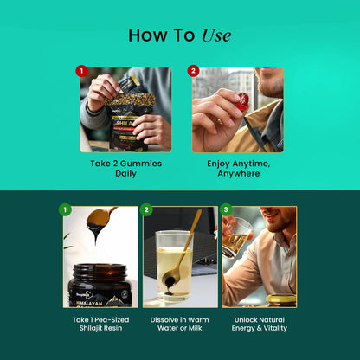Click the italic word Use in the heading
[x=216, y=35]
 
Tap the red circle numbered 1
[x=81, y=71]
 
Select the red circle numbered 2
[x=193, y=71]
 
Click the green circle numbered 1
[x=65, y=209]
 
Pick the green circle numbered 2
[x=146, y=209]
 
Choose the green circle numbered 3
[x=226, y=209]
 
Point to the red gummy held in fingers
[x=242, y=101]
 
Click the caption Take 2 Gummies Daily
[x=125, y=169]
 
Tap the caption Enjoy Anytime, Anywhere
[x=239, y=169]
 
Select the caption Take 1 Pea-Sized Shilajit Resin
[x=100, y=324]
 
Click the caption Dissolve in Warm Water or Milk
[x=179, y=324]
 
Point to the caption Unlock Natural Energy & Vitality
[x=260, y=324]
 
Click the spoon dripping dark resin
[x=100, y=218]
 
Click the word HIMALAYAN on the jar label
[x=89, y=304]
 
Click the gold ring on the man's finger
[x=219, y=120]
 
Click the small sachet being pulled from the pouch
[x=128, y=83]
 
